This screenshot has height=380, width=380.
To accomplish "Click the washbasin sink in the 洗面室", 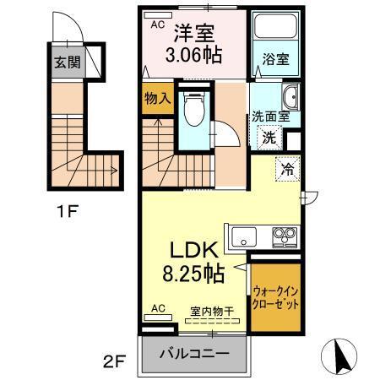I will coord(290,95).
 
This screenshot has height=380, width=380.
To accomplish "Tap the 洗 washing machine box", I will coord(269,136).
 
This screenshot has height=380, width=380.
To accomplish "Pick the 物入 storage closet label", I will coord(156,99).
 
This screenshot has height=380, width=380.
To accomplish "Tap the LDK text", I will coord(197,250).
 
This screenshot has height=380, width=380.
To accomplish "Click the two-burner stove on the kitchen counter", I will coord(281,236).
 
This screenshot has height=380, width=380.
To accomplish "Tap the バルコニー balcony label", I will coord(196,353).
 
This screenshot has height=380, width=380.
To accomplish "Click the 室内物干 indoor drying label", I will coord(208,311).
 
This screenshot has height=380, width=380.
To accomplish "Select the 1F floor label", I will coord(68,211).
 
